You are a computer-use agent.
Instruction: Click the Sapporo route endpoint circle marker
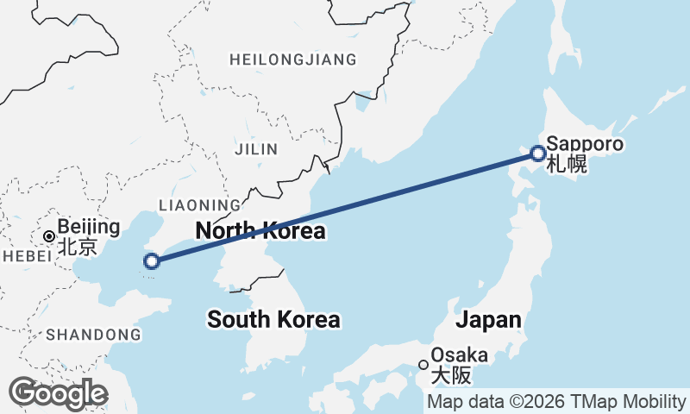coord(538,154)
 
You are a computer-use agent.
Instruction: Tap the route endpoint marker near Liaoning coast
coord(152,260)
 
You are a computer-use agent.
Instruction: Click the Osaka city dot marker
coord(423,364)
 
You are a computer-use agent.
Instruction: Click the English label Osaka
coord(459,354)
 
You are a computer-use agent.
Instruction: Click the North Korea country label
coord(260,231)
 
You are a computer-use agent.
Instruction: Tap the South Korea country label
coord(273,320)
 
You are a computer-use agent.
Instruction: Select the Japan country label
coord(488,320)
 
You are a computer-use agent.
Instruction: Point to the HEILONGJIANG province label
coord(292,60)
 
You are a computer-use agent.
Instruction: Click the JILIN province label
coord(256,149)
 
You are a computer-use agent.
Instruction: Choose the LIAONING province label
coord(200,205)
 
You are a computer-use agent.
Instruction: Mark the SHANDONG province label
coord(93,334)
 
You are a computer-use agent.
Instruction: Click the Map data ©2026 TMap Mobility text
coord(556,402)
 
